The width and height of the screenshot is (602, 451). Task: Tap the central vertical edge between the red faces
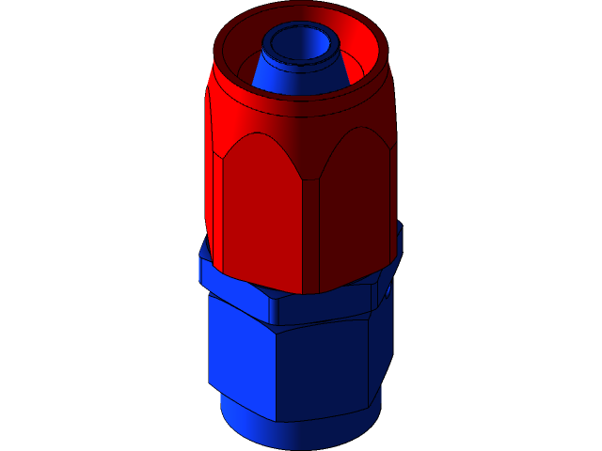pos(303,235)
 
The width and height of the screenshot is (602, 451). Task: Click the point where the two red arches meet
pos(303,179)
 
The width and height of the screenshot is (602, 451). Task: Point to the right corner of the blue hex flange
pos(401,246)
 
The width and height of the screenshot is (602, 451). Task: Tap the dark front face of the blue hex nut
pos(320,371)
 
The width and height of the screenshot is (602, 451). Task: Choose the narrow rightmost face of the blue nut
pos(380,348)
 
